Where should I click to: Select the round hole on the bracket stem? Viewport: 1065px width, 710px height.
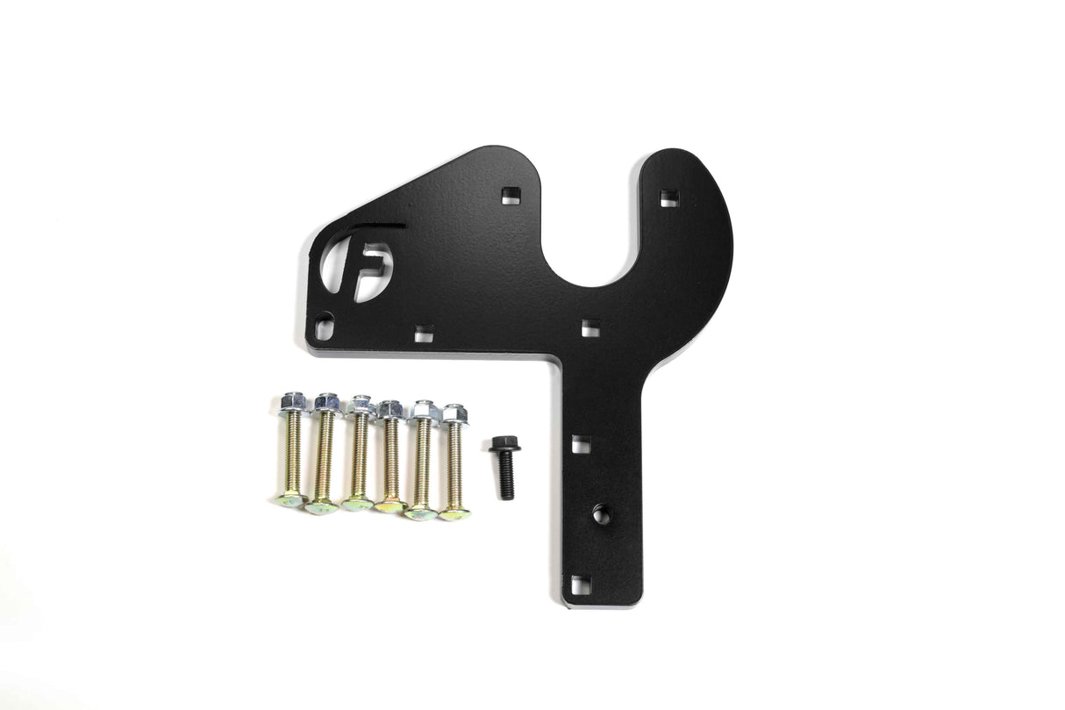tap(602, 514)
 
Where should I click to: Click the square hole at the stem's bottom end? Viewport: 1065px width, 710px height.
tap(579, 584)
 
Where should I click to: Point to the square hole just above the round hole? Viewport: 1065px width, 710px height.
tap(581, 444)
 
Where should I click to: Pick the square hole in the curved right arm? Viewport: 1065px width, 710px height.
tap(668, 197)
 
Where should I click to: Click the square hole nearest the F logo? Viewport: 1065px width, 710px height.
tap(425, 333)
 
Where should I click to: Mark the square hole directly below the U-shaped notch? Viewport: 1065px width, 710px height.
tap(589, 329)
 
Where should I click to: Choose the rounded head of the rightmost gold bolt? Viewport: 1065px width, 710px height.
tap(454, 513)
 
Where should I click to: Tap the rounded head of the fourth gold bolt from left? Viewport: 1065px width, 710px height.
tap(390, 506)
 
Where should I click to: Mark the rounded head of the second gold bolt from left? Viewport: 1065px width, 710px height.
tap(322, 505)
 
